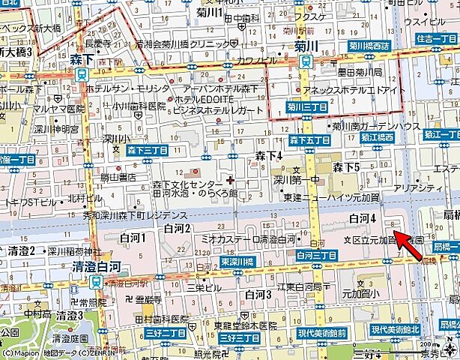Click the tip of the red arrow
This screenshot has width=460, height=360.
(396, 234)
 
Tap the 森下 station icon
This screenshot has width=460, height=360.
(80, 74)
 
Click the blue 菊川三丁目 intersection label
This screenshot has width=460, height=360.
(308, 107)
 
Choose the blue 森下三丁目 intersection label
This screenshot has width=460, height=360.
(147, 151)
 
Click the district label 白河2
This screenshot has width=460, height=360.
(178, 227)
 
